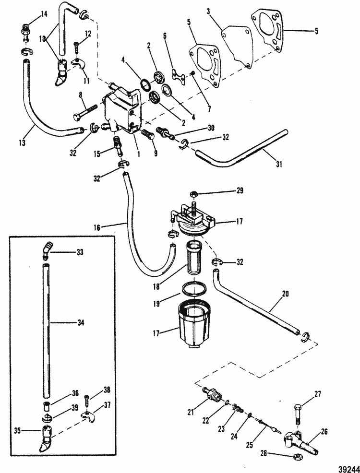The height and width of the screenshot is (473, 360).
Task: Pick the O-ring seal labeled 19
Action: point(195,290)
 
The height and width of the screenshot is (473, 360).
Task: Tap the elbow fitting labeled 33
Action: point(46,249)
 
